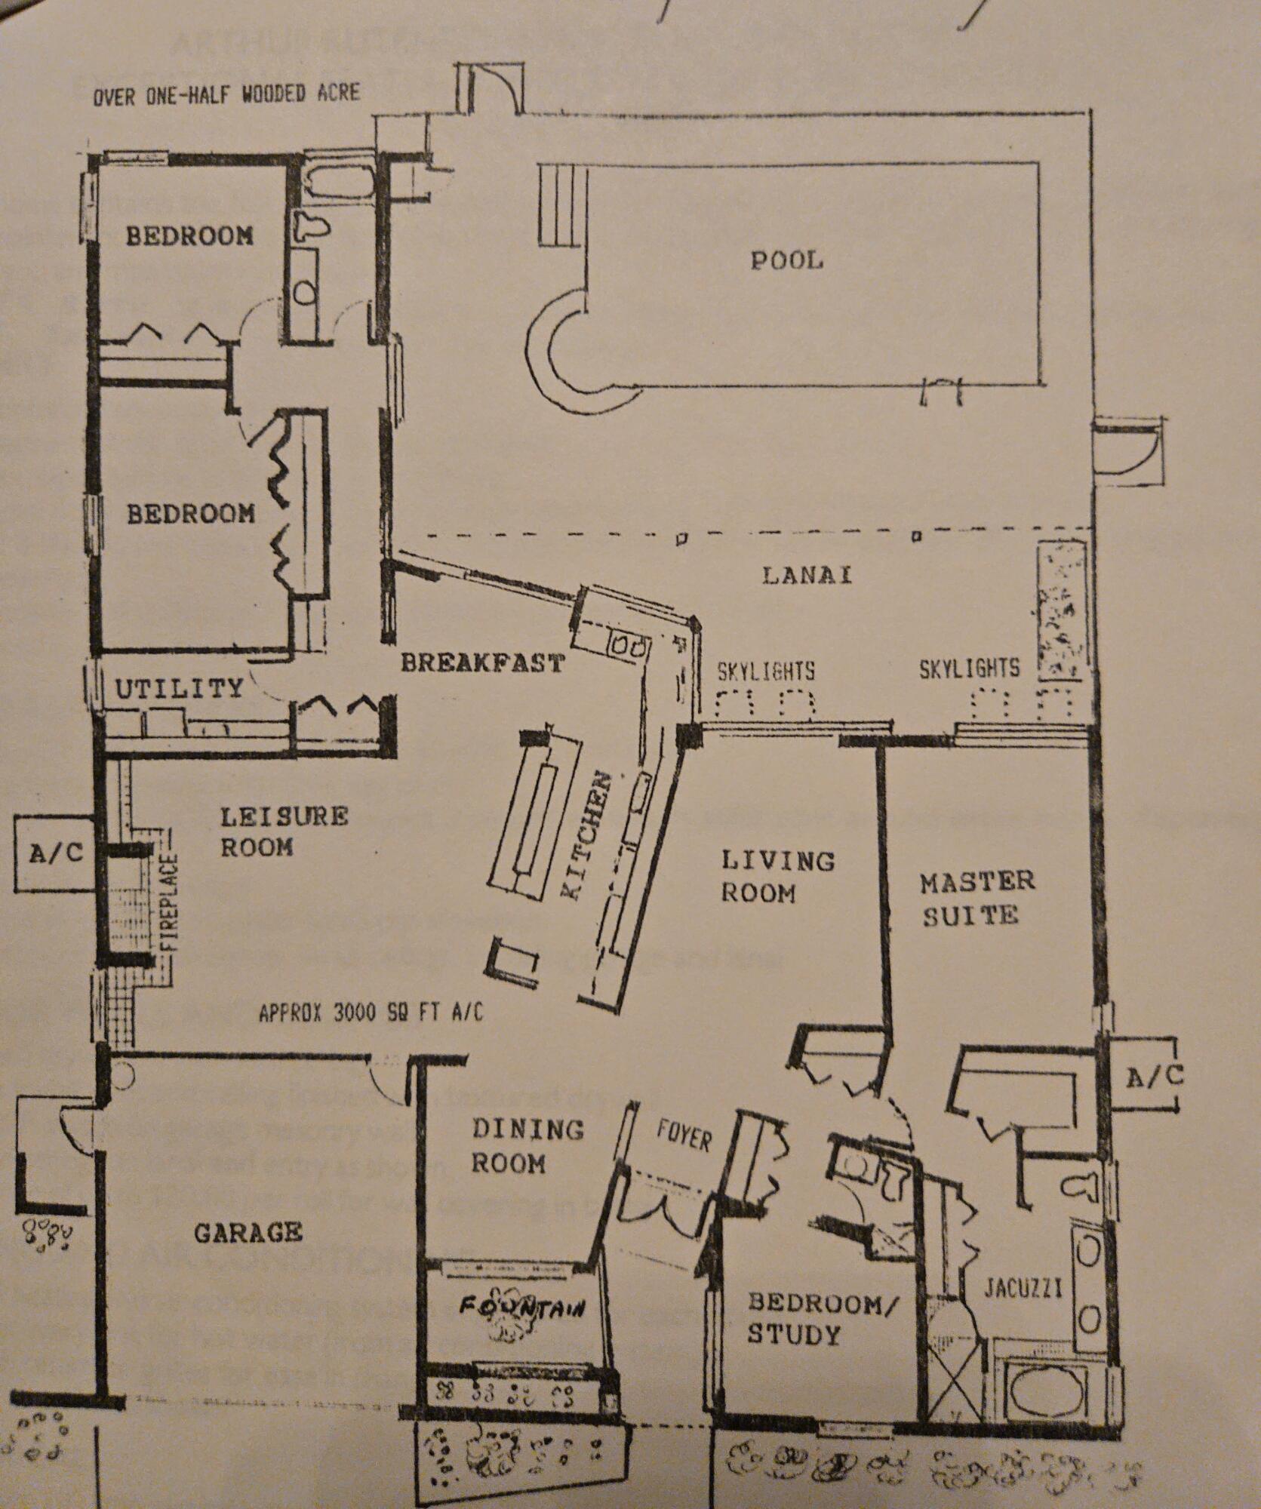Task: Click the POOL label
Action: tap(786, 261)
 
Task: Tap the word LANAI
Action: tap(807, 575)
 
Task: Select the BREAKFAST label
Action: tap(482, 663)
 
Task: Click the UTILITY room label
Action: tap(180, 688)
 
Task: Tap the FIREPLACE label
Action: tap(171, 902)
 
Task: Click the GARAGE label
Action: tap(248, 1234)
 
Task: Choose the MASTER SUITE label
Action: tap(977, 898)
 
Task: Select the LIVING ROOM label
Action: tap(777, 877)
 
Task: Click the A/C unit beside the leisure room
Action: tap(55, 853)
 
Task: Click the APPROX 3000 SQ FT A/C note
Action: tap(371, 1013)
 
